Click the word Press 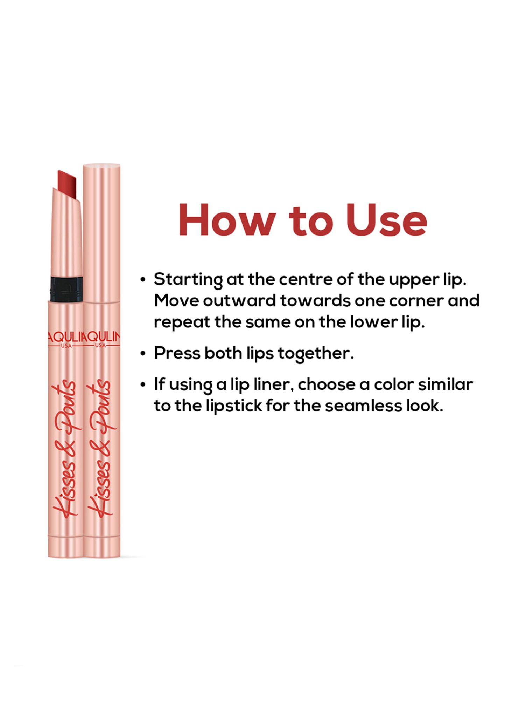[x=177, y=353]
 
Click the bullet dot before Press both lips [x=143, y=354]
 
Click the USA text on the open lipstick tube [x=66, y=346]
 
